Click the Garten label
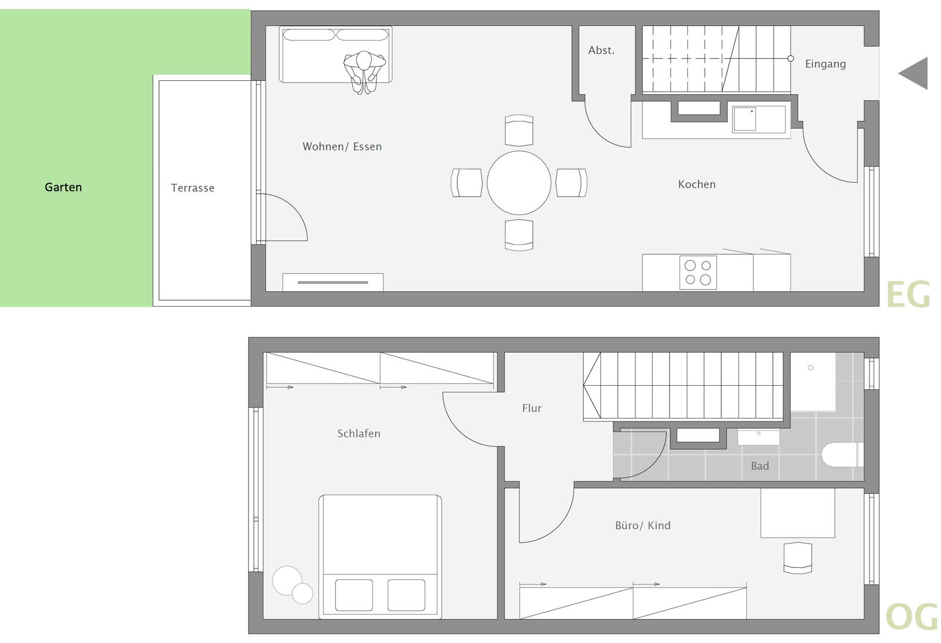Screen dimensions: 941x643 click(64, 188)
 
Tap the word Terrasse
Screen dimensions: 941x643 click(192, 188)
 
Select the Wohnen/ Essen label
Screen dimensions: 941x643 click(342, 146)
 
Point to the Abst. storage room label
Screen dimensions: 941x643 click(601, 51)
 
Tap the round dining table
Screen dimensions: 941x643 click(519, 183)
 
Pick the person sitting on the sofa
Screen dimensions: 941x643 click(364, 72)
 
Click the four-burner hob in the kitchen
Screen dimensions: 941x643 click(698, 273)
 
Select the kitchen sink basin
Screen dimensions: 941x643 click(745, 119)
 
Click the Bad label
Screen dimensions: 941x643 click(760, 466)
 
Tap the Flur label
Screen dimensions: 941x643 click(532, 408)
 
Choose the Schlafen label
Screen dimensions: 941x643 click(359, 433)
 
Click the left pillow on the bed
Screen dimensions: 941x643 click(354, 595)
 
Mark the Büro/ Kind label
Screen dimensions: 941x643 click(643, 525)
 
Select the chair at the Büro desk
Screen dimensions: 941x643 click(797, 558)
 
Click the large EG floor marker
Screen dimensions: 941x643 click(908, 295)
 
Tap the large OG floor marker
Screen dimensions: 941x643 click(911, 617)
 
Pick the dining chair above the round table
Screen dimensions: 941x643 click(519, 130)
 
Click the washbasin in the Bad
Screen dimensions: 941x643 click(759, 437)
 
